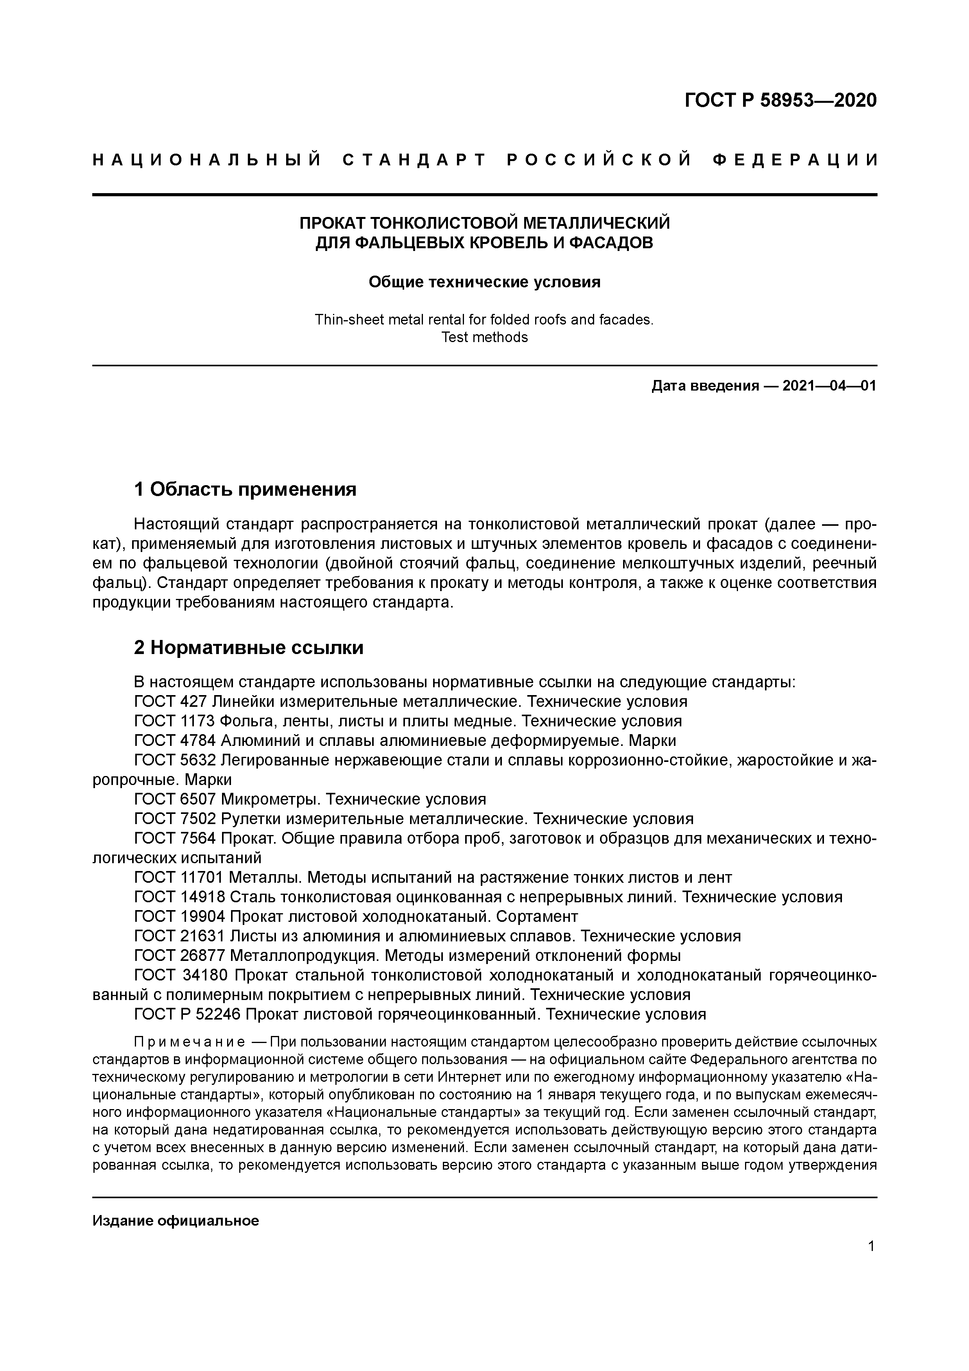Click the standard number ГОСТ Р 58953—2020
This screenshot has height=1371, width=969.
pos(780,100)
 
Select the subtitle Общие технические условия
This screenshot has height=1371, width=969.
pos(484,282)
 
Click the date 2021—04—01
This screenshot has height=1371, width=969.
pos(829,386)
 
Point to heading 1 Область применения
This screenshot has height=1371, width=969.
pos(245,489)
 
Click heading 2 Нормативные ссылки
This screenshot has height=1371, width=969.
pos(248,647)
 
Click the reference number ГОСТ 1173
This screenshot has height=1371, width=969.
pos(175,721)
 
